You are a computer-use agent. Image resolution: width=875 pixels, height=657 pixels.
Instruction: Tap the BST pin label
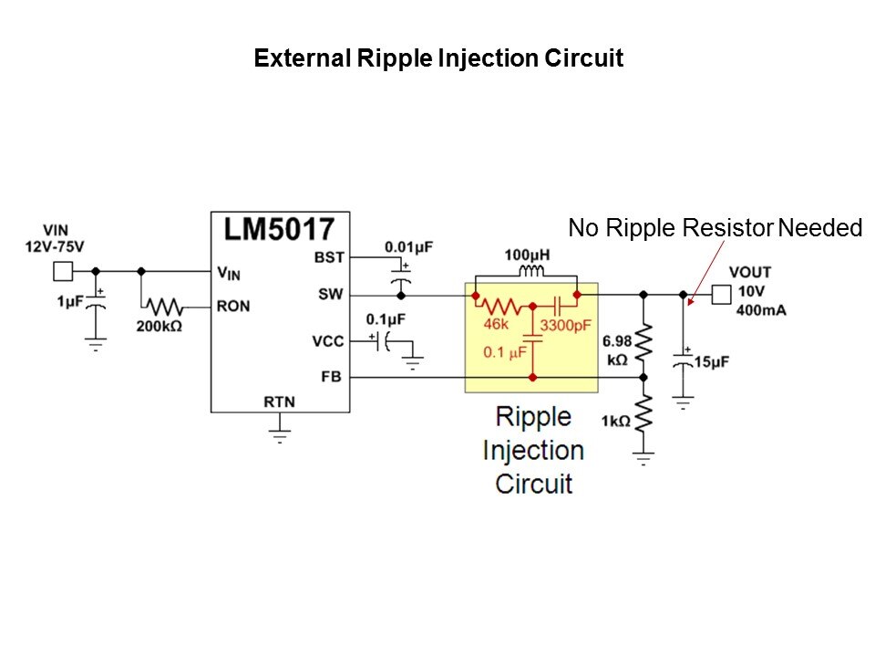coord(329,258)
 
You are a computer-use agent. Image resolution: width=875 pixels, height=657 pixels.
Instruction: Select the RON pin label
coord(232,306)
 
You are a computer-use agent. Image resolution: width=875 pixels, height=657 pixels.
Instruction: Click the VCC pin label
coord(329,340)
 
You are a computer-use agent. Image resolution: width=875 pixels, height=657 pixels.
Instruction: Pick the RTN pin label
coord(279,401)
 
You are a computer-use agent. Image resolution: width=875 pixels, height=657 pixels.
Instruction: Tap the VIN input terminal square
coord(62,271)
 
